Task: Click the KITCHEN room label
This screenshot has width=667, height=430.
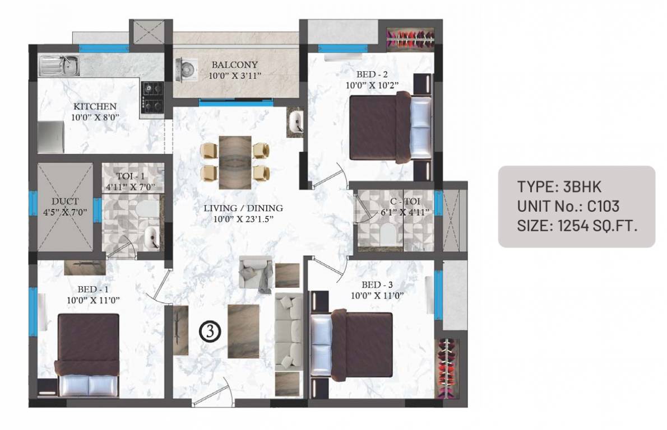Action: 94,106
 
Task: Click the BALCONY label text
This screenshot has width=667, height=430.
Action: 234,64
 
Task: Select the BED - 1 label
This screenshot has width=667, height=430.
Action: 94,289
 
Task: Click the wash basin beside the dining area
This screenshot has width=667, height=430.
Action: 296,121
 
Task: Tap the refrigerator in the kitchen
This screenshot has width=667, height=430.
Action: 50,137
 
